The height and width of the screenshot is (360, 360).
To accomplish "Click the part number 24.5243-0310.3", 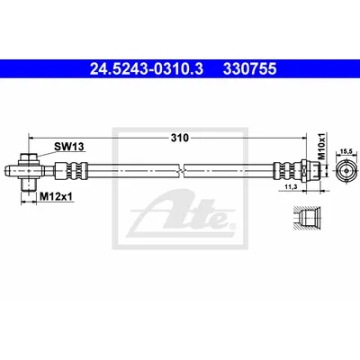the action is pos(147,68).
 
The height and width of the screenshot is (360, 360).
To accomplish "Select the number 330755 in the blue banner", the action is pos(249,68).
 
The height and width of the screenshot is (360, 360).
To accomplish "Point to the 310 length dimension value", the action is pos(180,138).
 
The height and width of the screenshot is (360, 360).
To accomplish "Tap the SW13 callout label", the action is pos(69,147).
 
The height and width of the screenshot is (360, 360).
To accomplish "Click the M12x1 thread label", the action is pos(57,196).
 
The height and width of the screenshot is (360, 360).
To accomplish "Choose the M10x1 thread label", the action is pos(322,147).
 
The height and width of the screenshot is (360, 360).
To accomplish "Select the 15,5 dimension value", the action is pos(346,152).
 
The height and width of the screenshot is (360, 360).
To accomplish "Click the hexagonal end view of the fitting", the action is pos(346,171).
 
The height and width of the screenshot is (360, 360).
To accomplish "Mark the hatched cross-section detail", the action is pos(307,219).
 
